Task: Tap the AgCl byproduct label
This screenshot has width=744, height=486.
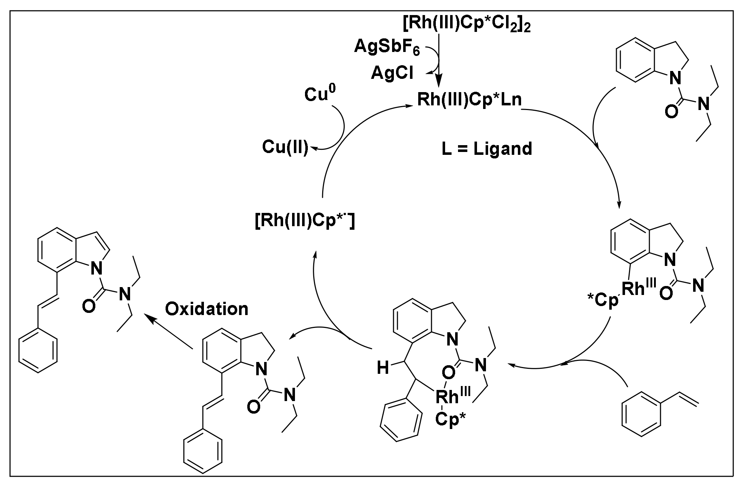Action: (392, 73)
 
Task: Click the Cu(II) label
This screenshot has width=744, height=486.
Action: (285, 147)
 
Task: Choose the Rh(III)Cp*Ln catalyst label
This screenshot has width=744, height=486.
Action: (469, 100)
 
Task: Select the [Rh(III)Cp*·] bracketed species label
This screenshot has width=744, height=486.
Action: (305, 223)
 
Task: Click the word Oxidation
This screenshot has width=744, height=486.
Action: (207, 309)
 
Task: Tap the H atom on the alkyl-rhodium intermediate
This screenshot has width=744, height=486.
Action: (383, 368)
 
